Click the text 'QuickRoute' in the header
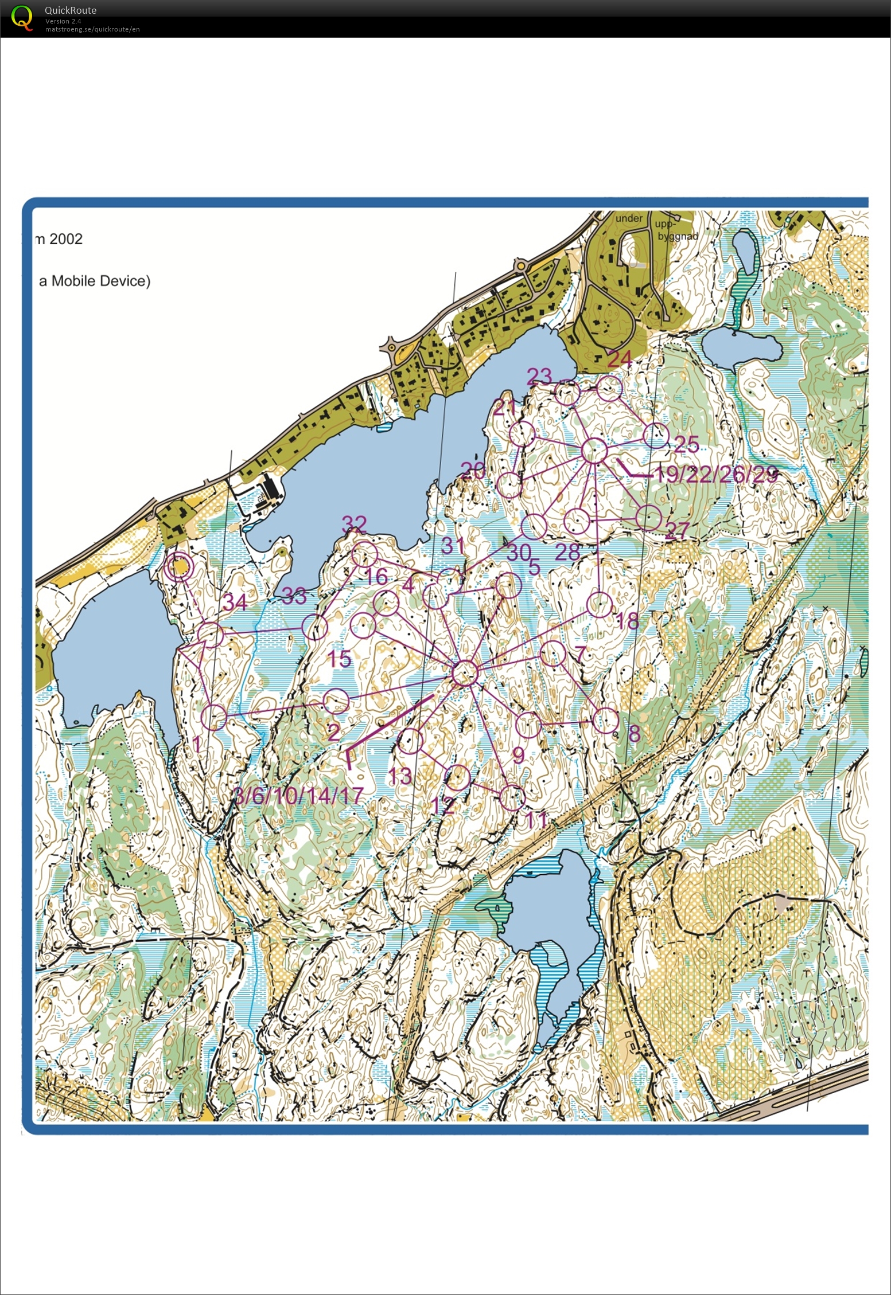pyautogui.click(x=70, y=10)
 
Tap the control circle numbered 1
pyautogui.click(x=214, y=717)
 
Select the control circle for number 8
pyautogui.click(x=605, y=721)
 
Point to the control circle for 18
pyautogui.click(x=600, y=605)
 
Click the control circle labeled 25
pyautogui.click(x=656, y=436)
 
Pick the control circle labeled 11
pyautogui.click(x=512, y=797)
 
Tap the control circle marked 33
pyautogui.click(x=314, y=627)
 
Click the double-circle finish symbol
pyautogui.click(x=178, y=568)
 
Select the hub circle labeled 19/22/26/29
pyautogui.click(x=594, y=451)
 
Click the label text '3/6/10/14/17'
pyautogui.click(x=299, y=795)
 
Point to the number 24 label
pyautogui.click(x=620, y=359)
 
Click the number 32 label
pyautogui.click(x=354, y=523)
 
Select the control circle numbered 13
pyautogui.click(x=411, y=741)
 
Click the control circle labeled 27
pyautogui.click(x=649, y=518)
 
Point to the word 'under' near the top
pyautogui.click(x=629, y=218)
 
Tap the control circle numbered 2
pyautogui.click(x=336, y=701)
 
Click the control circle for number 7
pyautogui.click(x=553, y=653)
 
